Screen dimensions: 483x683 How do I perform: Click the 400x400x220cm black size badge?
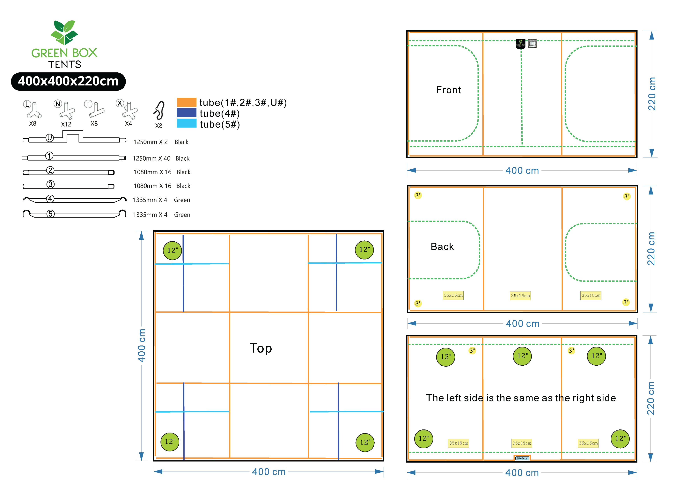click(x=68, y=81)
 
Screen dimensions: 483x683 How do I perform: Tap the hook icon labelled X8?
click(x=159, y=111)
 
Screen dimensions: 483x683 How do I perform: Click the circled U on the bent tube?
click(x=50, y=138)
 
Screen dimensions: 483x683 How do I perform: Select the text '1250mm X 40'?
click(x=151, y=158)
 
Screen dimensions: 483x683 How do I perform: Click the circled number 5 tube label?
click(x=51, y=214)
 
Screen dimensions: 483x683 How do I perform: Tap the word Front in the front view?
click(x=448, y=90)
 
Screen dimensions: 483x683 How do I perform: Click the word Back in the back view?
click(x=442, y=246)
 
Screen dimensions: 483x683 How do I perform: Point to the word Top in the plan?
click(x=261, y=348)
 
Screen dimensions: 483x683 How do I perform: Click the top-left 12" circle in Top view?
click(x=173, y=250)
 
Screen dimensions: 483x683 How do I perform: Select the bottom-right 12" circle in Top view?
click(x=365, y=442)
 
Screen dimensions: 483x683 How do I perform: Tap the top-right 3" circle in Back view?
click(x=627, y=196)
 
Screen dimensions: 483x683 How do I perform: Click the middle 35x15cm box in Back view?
click(x=520, y=296)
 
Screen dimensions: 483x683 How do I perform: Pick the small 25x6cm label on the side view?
click(x=522, y=458)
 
